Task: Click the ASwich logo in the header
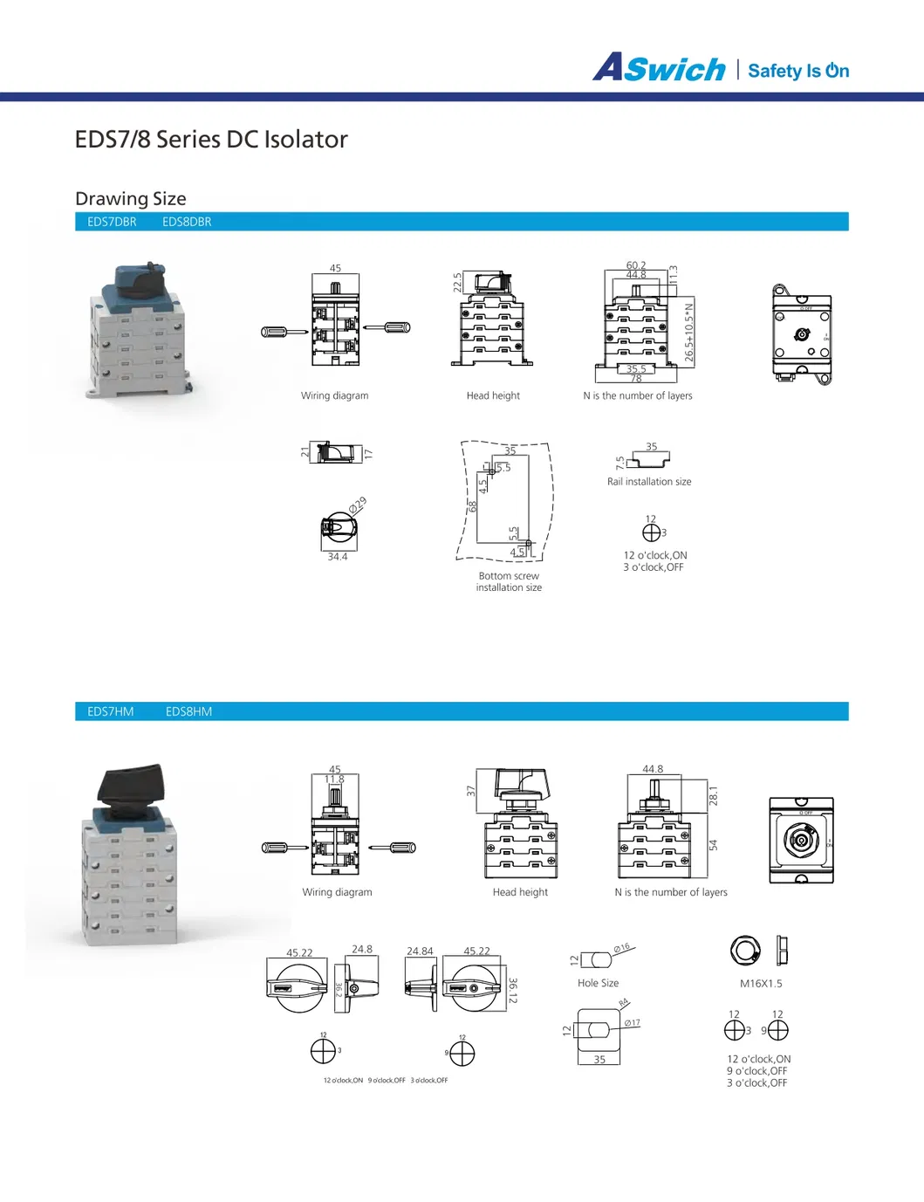point(660,68)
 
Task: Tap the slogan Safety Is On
point(798,71)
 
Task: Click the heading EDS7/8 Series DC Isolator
point(211,140)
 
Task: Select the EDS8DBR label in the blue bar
point(187,222)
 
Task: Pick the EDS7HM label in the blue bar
point(111,711)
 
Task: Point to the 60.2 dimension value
point(636,265)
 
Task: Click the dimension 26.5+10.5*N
point(689,332)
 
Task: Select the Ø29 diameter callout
point(358,505)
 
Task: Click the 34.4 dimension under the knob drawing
point(338,557)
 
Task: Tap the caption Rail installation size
point(649,482)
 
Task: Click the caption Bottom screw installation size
point(509,581)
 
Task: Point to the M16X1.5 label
point(761,984)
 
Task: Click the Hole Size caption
point(598,983)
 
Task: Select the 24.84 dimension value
point(420,951)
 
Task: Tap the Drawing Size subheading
point(131,199)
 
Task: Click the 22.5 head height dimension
point(457,282)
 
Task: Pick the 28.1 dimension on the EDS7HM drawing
point(713,794)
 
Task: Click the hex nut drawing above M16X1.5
point(745,950)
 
